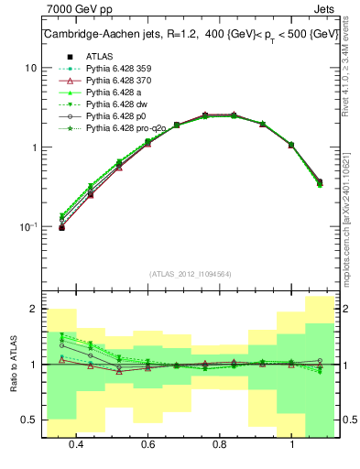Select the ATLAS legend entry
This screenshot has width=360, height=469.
(x=100, y=56)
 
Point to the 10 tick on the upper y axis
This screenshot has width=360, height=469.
(x=30, y=68)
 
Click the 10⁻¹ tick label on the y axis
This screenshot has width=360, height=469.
(x=27, y=226)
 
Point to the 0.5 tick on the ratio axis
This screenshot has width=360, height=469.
(x=28, y=420)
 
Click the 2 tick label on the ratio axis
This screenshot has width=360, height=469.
(x=33, y=310)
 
